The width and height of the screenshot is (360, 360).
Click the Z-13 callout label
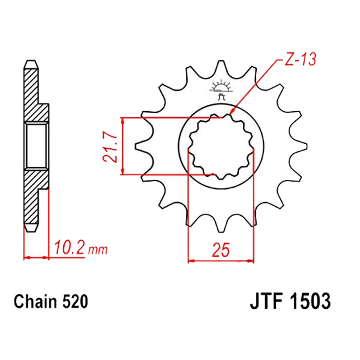tap(300, 59)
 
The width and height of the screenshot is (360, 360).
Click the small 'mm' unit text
tap(98, 250)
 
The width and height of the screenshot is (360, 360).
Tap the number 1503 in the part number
tap(310, 301)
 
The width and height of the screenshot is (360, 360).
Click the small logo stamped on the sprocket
tap(221, 90)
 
